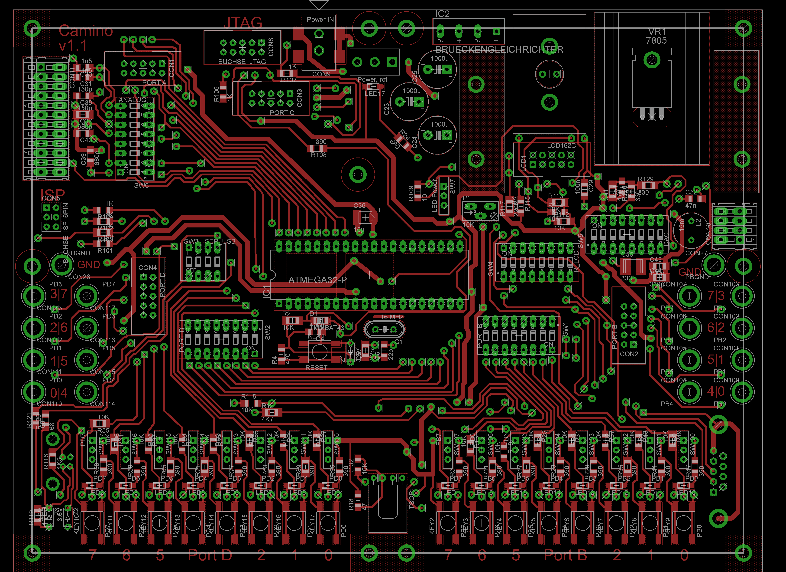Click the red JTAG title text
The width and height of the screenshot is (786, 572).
(x=243, y=23)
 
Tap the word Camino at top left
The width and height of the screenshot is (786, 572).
(x=86, y=31)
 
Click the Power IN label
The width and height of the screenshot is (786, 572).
(x=320, y=19)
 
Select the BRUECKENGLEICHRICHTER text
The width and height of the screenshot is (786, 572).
(x=499, y=50)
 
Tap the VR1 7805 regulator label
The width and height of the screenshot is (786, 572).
(x=656, y=36)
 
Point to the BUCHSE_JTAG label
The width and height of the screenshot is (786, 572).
(x=242, y=62)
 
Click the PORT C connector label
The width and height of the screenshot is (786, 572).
(x=282, y=113)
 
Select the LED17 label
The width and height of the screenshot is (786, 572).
(x=375, y=94)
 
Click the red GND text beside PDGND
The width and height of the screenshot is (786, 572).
(x=88, y=265)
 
